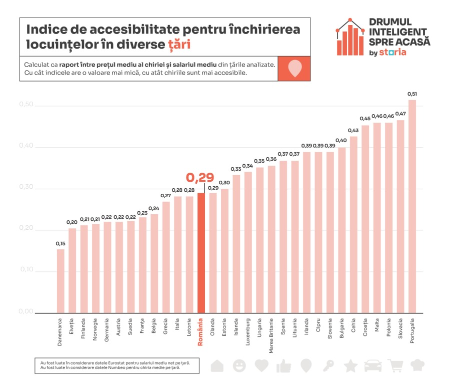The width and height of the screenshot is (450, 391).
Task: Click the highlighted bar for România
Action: [x=201, y=253]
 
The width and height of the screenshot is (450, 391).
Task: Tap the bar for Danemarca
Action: [x=60, y=281]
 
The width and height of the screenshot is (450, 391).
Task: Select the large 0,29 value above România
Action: [x=200, y=178]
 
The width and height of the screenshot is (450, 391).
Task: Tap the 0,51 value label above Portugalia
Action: [x=412, y=94]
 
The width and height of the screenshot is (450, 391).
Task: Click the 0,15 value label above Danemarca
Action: [x=60, y=243]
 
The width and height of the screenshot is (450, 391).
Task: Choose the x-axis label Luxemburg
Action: [x=248, y=331]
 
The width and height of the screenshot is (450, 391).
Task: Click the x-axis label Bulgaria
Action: [x=342, y=329]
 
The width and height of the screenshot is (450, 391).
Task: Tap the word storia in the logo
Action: [x=392, y=52]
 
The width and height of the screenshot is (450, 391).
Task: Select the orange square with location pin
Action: [x=295, y=68]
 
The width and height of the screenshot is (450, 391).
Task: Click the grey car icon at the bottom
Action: [x=372, y=366]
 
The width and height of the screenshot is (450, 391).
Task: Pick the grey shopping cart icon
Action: [x=395, y=366]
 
